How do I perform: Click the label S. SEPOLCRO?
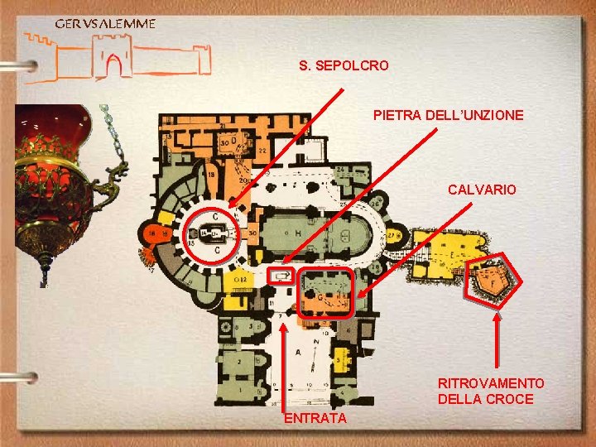[x=344, y=65]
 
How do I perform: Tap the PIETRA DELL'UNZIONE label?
[x=448, y=115]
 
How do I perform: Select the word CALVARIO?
[x=482, y=190]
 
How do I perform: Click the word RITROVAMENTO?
[x=491, y=383]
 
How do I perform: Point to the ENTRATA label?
[x=315, y=419]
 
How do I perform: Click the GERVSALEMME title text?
[x=104, y=23]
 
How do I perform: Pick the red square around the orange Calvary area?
[x=326, y=291]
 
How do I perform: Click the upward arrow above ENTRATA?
[x=283, y=364]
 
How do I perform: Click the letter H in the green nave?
[x=298, y=233]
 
